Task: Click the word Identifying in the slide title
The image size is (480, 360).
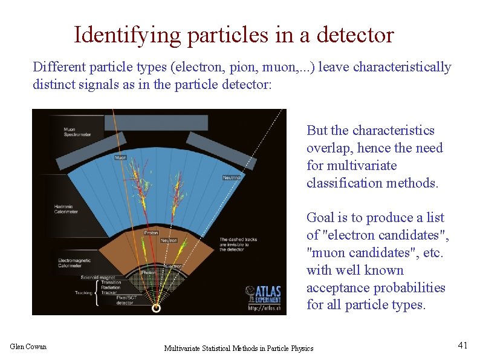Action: (127, 36)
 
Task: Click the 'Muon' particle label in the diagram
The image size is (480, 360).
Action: (121, 157)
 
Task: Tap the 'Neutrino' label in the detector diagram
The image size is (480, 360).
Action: (232, 178)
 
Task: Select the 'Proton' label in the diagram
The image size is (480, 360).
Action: (151, 232)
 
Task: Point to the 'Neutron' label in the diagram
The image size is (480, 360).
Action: (169, 240)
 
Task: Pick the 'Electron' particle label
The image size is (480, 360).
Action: (175, 266)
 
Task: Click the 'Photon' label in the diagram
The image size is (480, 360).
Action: (149, 272)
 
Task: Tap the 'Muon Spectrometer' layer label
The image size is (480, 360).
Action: (77, 131)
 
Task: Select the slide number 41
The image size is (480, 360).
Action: (462, 345)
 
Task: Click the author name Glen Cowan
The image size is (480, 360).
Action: (28, 347)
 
